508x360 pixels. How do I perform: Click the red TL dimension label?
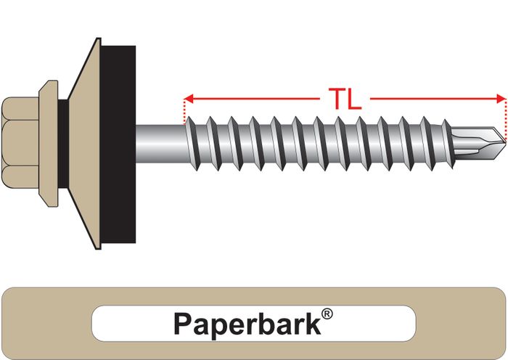[x=345, y=99]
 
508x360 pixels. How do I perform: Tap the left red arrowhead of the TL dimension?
[x=188, y=99]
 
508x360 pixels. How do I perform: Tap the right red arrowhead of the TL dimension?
[x=501, y=99]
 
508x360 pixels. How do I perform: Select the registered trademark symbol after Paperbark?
[x=327, y=314]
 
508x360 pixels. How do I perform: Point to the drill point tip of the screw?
[x=505, y=142]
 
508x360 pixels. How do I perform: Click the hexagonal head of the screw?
[x=20, y=143]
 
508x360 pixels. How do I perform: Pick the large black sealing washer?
[x=118, y=144]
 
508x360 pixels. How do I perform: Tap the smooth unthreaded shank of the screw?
[x=160, y=143]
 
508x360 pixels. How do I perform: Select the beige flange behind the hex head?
[x=49, y=143]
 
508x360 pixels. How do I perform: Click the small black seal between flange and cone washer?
[x=64, y=143]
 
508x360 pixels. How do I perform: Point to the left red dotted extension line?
[x=184, y=112]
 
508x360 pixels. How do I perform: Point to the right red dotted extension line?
[x=505, y=118]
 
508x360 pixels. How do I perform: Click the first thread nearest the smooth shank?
[x=193, y=143]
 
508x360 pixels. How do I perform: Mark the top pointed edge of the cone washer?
[x=98, y=39]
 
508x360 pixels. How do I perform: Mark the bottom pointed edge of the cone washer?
[x=98, y=248]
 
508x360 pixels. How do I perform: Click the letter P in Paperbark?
[x=182, y=324]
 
